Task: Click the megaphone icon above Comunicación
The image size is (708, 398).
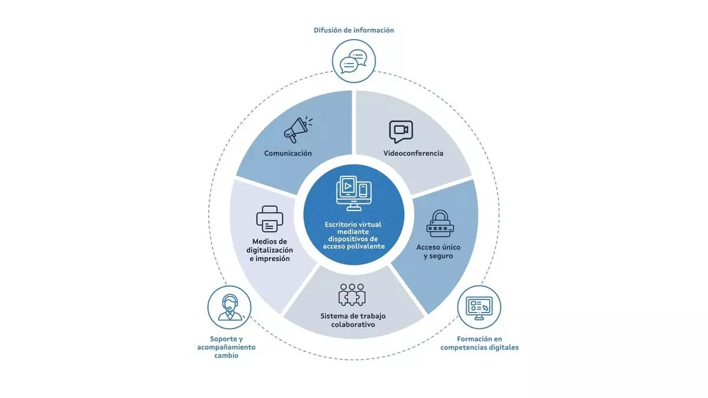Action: [298, 130]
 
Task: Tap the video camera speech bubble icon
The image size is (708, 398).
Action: [401, 131]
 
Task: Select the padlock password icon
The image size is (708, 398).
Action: [440, 223]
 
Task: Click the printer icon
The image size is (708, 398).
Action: [270, 219]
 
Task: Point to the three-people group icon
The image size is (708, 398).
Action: [352, 295]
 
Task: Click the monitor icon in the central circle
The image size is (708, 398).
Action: [353, 192]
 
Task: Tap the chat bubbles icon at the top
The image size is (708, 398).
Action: [354, 60]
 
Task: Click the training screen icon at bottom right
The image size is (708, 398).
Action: [479, 307]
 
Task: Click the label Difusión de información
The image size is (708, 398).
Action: [354, 30]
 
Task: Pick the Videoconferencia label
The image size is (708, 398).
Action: [413, 153]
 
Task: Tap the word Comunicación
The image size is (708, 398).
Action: [288, 153]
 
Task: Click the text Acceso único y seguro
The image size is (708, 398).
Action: [438, 252]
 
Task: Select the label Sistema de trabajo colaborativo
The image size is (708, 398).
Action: [353, 320]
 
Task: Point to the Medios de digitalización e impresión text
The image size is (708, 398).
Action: [270, 250]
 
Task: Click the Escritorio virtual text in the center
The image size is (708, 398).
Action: [353, 224]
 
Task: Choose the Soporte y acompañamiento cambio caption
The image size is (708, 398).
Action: [227, 347]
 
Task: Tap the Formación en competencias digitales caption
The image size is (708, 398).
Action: [479, 343]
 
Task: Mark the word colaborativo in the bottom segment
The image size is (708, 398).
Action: [353, 325]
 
